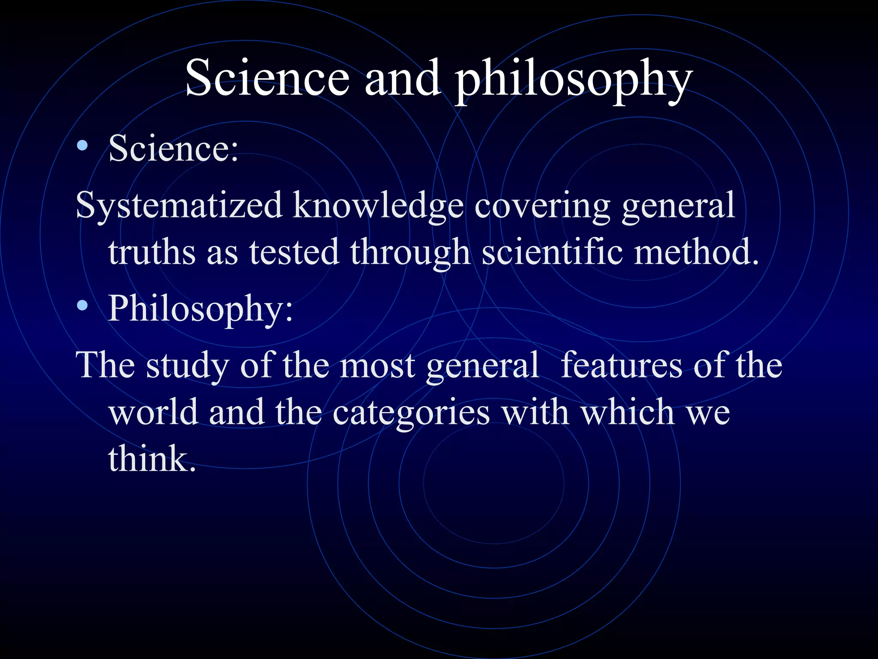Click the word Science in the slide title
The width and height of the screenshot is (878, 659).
click(267, 79)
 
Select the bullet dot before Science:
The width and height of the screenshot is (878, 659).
click(82, 146)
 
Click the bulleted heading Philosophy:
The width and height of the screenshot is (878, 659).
click(201, 308)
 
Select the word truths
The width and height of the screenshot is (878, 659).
click(152, 252)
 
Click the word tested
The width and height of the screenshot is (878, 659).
click(294, 252)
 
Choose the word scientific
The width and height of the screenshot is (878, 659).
click(552, 252)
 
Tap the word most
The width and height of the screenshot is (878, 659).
click(377, 366)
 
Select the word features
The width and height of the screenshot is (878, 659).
click(622, 365)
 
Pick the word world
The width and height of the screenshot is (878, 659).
click(153, 411)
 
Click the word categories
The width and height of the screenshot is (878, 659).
click(411, 413)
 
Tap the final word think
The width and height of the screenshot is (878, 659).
click(152, 458)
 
